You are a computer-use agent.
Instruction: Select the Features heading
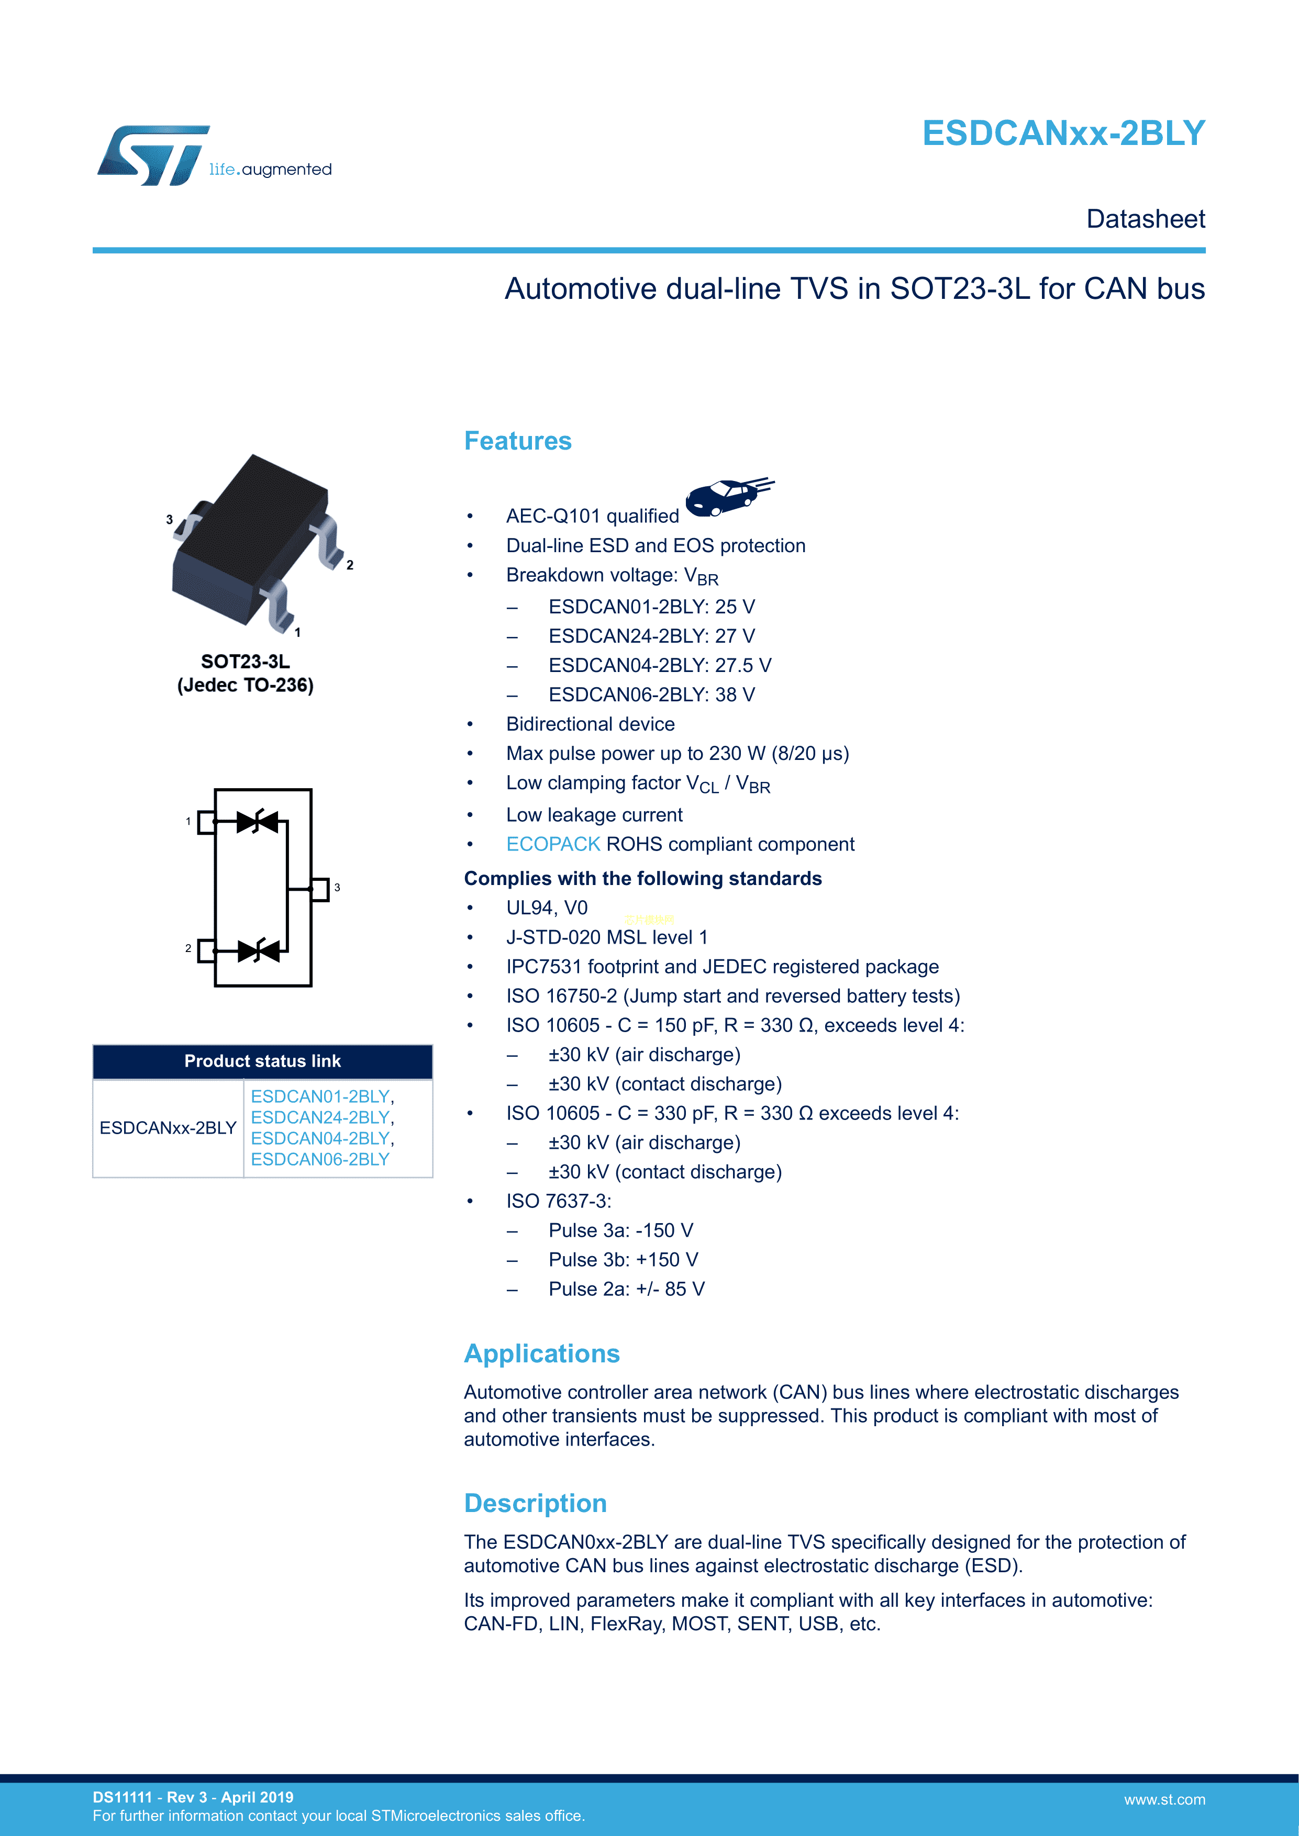coord(517,441)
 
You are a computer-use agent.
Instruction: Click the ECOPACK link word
coord(553,844)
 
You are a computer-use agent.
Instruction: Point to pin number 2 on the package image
coord(350,565)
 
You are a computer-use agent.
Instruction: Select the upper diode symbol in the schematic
coord(258,821)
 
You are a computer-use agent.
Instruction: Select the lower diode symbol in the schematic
coord(258,951)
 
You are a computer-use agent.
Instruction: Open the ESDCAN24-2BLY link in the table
coord(320,1117)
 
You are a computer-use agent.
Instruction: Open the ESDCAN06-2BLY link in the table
coord(320,1159)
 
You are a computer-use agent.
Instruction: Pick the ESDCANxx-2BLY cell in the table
coord(168,1128)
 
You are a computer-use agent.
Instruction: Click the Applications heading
coord(541,1354)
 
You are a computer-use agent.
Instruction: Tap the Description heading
coord(535,1503)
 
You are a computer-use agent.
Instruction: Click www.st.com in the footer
coord(1164,1800)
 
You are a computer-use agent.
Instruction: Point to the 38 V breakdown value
coord(735,695)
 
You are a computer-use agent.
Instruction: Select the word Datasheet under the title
coord(1146,219)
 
